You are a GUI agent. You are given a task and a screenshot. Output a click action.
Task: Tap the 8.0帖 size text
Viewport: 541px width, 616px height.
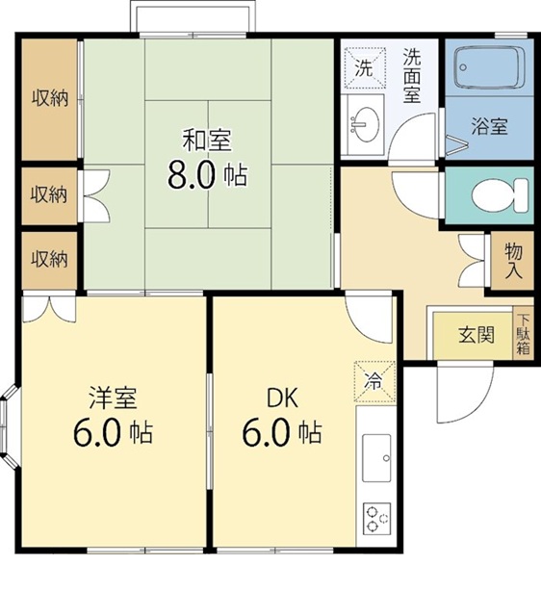pyautogui.click(x=207, y=175)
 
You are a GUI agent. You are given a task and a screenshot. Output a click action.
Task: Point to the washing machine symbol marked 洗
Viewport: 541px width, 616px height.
pyautogui.click(x=364, y=67)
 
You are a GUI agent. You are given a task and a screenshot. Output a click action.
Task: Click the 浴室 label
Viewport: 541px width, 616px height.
pyautogui.click(x=489, y=126)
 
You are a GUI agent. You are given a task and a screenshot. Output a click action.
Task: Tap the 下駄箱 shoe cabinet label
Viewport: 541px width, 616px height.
pyautogui.click(x=523, y=335)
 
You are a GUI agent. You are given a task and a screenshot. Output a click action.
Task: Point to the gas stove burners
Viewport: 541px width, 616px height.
pyautogui.click(x=376, y=520)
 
